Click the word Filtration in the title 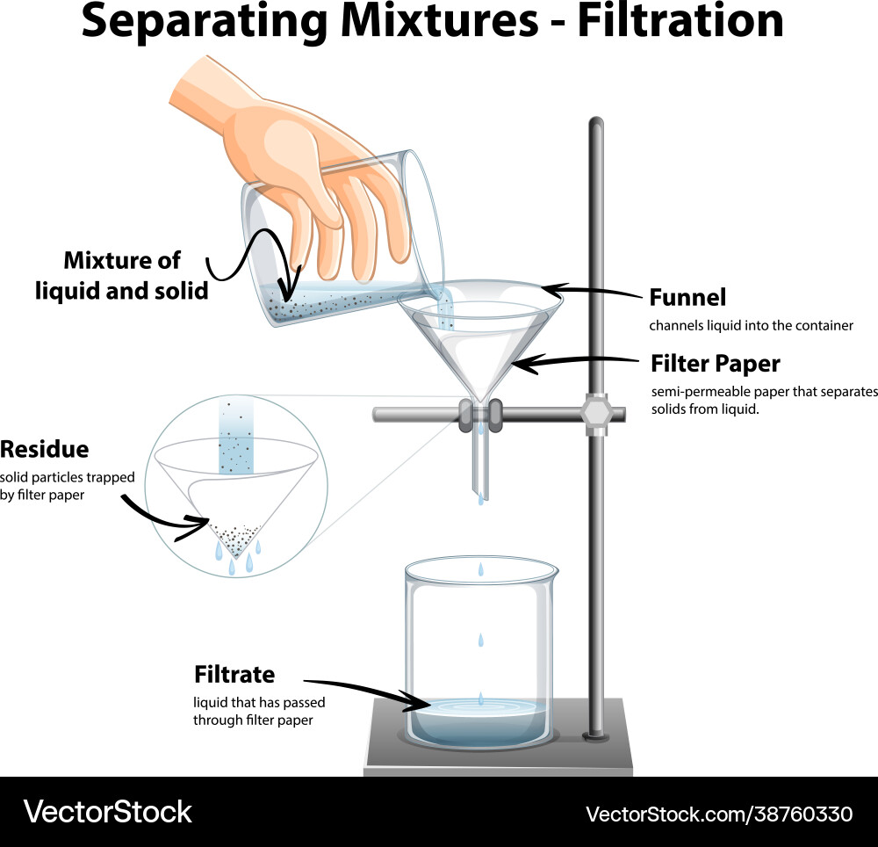(680, 21)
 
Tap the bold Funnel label (687, 297)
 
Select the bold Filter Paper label (715, 363)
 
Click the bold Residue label (45, 449)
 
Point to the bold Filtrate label (234, 674)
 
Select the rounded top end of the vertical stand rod (596, 122)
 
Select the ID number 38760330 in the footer (794, 813)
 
